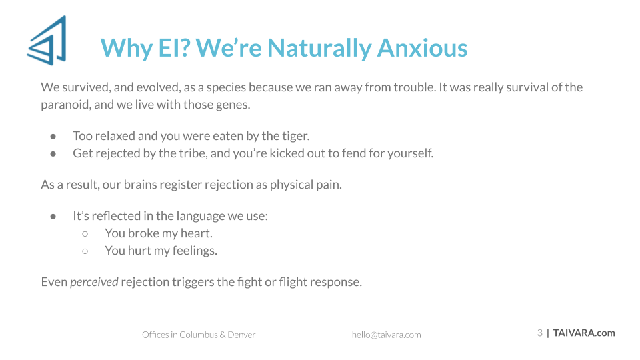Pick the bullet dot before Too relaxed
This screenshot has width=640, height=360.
click(53, 136)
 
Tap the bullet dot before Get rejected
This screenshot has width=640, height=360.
click(53, 154)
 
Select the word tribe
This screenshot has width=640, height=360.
click(193, 153)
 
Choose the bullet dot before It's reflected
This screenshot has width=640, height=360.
click(53, 216)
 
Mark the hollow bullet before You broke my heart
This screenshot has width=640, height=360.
click(85, 234)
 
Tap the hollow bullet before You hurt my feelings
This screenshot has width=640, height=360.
click(85, 251)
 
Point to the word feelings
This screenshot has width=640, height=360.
click(195, 251)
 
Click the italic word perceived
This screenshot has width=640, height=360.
click(94, 282)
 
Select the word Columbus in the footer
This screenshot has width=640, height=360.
click(199, 335)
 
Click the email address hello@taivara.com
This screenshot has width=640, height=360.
click(386, 335)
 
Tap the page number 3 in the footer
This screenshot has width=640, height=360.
click(539, 333)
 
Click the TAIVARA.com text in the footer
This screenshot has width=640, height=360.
click(584, 333)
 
